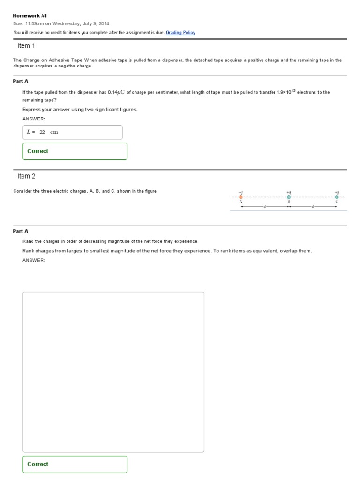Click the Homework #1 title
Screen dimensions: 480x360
[30, 15]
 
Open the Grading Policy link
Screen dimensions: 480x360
[180, 33]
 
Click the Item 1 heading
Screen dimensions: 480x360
[26, 46]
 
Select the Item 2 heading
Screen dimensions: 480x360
[26, 176]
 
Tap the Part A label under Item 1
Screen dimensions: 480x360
[21, 81]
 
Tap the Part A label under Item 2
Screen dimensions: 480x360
[21, 231]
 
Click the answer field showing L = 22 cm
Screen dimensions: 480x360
[73, 132]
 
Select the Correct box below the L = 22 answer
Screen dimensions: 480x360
[75, 151]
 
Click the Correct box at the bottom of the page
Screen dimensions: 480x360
[75, 464]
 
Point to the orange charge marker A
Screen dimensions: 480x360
[241, 197]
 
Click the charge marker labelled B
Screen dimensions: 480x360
[289, 197]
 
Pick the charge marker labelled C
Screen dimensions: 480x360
[337, 197]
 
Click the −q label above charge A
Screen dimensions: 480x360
[240, 192]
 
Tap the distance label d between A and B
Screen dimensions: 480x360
[265, 207]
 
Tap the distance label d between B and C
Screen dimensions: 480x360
[313, 207]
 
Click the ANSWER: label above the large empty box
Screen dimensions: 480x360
[34, 260]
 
